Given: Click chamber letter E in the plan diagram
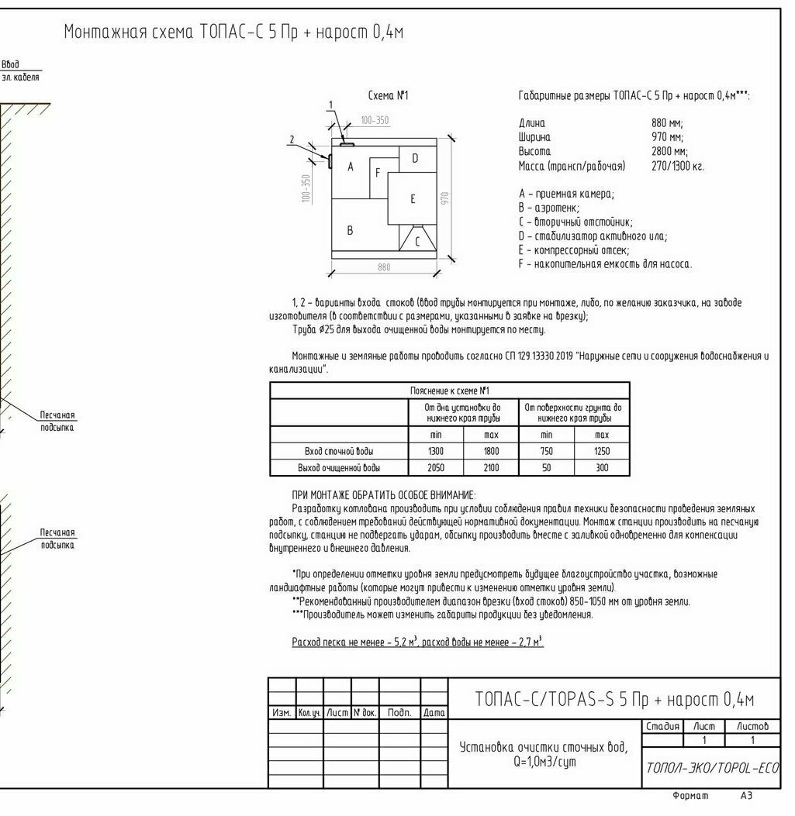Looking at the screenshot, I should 412,199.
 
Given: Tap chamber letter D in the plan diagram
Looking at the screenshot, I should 415,158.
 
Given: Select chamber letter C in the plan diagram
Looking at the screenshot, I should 417,241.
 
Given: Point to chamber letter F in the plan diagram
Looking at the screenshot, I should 378,173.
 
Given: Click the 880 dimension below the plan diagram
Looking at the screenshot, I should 384,267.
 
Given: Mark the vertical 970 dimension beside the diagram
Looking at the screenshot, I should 444,198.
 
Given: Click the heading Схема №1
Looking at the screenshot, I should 388,96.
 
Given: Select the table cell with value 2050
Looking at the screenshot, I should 436,468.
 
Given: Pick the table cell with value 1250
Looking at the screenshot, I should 601,451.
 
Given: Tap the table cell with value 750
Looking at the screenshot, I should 547,451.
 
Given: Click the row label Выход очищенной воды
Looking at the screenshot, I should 339,468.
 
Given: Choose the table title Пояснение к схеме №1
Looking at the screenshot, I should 450,391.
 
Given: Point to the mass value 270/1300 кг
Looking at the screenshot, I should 678,166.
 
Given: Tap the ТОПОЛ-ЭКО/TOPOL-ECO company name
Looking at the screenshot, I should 712,767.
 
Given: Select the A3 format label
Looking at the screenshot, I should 746,796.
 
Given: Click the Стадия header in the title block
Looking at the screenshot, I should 662,726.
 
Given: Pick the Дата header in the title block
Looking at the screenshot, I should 434,712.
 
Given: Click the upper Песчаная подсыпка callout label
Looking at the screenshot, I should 57,422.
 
